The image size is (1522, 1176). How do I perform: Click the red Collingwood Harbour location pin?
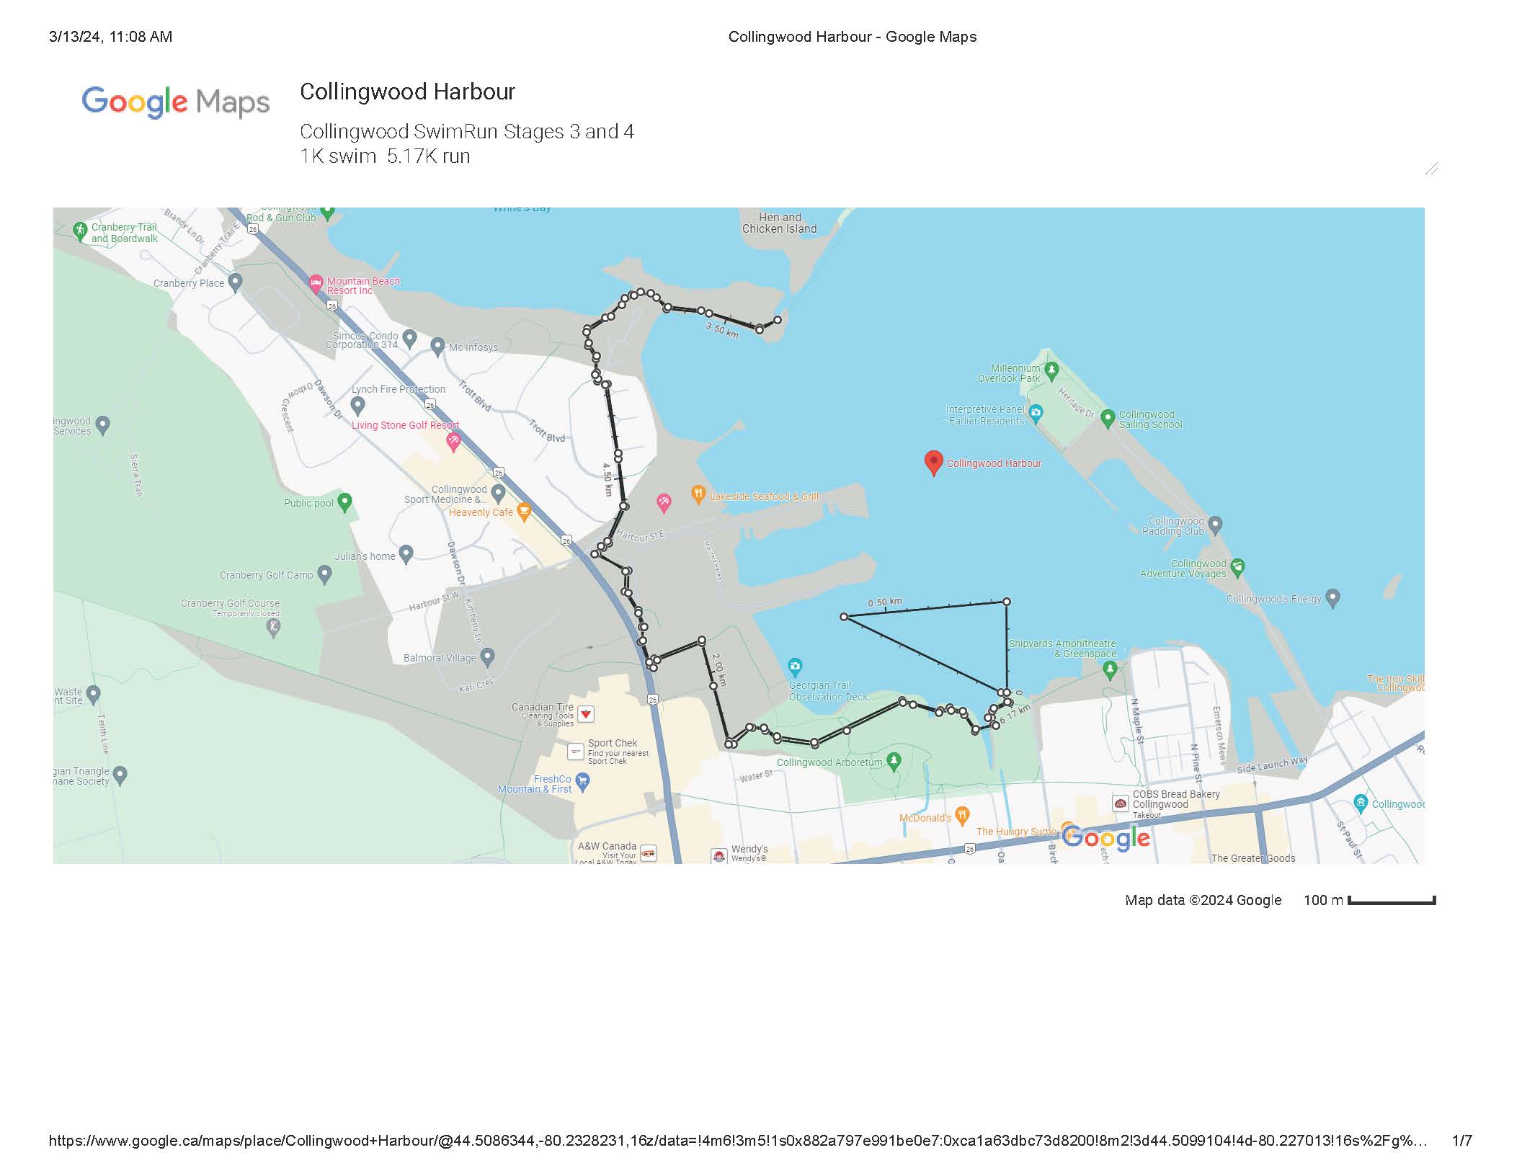(933, 462)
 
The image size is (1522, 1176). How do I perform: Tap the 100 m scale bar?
(1391, 901)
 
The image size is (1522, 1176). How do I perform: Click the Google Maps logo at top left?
(176, 102)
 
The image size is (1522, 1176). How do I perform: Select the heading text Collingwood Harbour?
(407, 92)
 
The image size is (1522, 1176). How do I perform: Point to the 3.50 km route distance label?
(722, 330)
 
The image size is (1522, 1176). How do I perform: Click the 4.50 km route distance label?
(608, 479)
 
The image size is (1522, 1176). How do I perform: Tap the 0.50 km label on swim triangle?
(884, 602)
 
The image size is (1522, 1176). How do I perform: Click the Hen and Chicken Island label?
(780, 223)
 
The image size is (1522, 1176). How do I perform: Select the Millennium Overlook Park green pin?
(1051, 370)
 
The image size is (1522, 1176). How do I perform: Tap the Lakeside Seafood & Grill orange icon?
(698, 494)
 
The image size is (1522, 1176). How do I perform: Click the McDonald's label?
(925, 818)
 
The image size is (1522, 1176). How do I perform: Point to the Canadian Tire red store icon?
(586, 714)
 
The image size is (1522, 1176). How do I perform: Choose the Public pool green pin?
(345, 502)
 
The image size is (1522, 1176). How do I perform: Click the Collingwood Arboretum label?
(829, 762)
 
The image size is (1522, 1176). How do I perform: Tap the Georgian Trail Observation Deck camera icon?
(795, 665)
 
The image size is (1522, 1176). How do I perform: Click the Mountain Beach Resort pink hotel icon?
(316, 282)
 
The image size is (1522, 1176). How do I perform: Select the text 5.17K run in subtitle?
(428, 156)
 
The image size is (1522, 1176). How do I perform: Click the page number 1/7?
(1461, 1141)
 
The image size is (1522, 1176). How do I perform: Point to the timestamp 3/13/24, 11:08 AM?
(110, 37)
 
